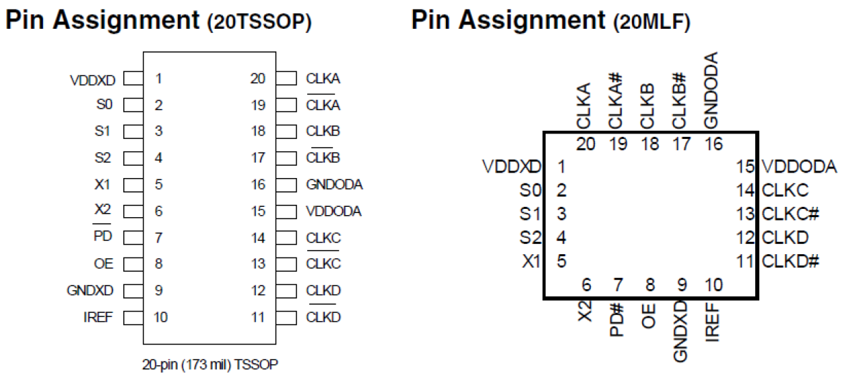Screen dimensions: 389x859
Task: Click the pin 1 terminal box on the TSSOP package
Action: pos(133,79)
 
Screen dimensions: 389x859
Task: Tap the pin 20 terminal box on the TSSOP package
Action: pos(287,79)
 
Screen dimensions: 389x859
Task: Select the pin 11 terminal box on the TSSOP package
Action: pos(287,317)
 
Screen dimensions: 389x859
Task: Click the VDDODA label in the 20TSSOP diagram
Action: pos(334,212)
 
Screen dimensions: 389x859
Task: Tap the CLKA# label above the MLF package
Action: pos(616,101)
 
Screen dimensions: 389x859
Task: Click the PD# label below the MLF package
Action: pos(616,321)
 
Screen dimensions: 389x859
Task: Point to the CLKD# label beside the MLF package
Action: pos(790,261)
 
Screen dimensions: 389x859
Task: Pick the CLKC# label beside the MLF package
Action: pos(790,214)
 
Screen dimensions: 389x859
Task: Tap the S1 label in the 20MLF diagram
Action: pos(529,214)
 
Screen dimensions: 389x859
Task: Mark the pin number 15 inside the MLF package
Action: pos(745,166)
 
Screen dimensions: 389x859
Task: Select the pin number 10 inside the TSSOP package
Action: pos(161,317)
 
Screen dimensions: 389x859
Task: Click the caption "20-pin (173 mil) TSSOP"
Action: pos(210,364)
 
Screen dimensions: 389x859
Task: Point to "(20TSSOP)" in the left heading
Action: pos(259,23)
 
